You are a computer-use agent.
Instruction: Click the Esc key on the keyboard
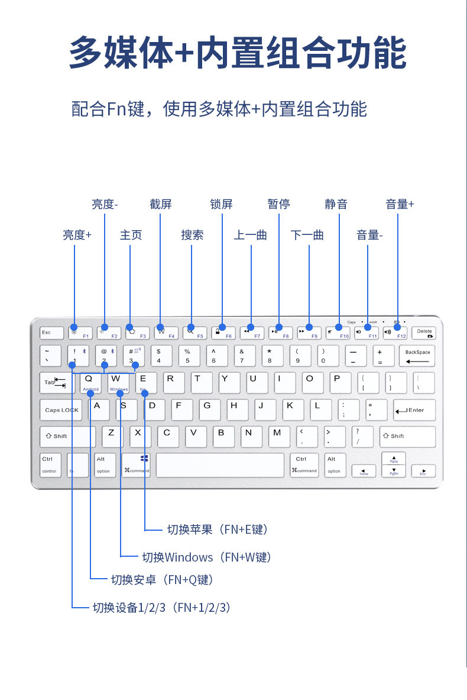coord(51,333)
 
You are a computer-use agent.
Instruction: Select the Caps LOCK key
coord(61,410)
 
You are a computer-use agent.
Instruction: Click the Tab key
coord(55,383)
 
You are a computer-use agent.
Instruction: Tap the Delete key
coord(424,333)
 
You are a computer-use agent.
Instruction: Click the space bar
coord(220,465)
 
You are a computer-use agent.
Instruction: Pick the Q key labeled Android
coord(90,383)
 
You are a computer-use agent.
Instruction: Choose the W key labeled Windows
coord(118,383)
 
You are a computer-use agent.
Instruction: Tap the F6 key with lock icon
coord(222,333)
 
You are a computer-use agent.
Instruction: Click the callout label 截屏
coord(161,204)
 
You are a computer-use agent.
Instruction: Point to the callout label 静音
coord(336,204)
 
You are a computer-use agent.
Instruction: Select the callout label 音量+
coord(400,204)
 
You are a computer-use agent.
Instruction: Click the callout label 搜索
coord(192,235)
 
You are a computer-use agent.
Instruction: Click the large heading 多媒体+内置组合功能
coord(238,53)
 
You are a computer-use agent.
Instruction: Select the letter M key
coord(277,436)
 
